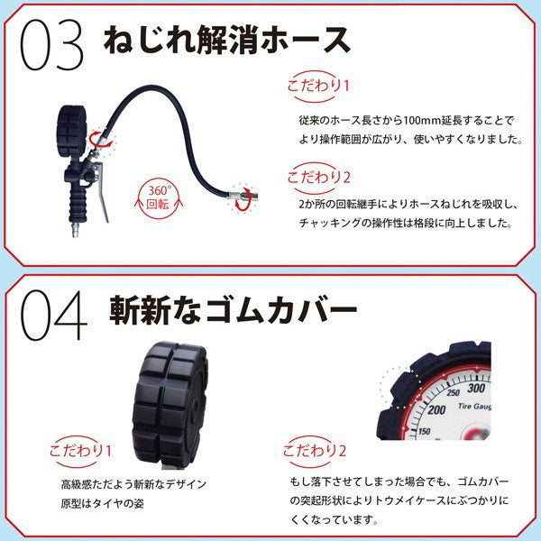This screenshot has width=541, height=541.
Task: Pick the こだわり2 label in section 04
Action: pyautogui.click(x=315, y=450)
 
